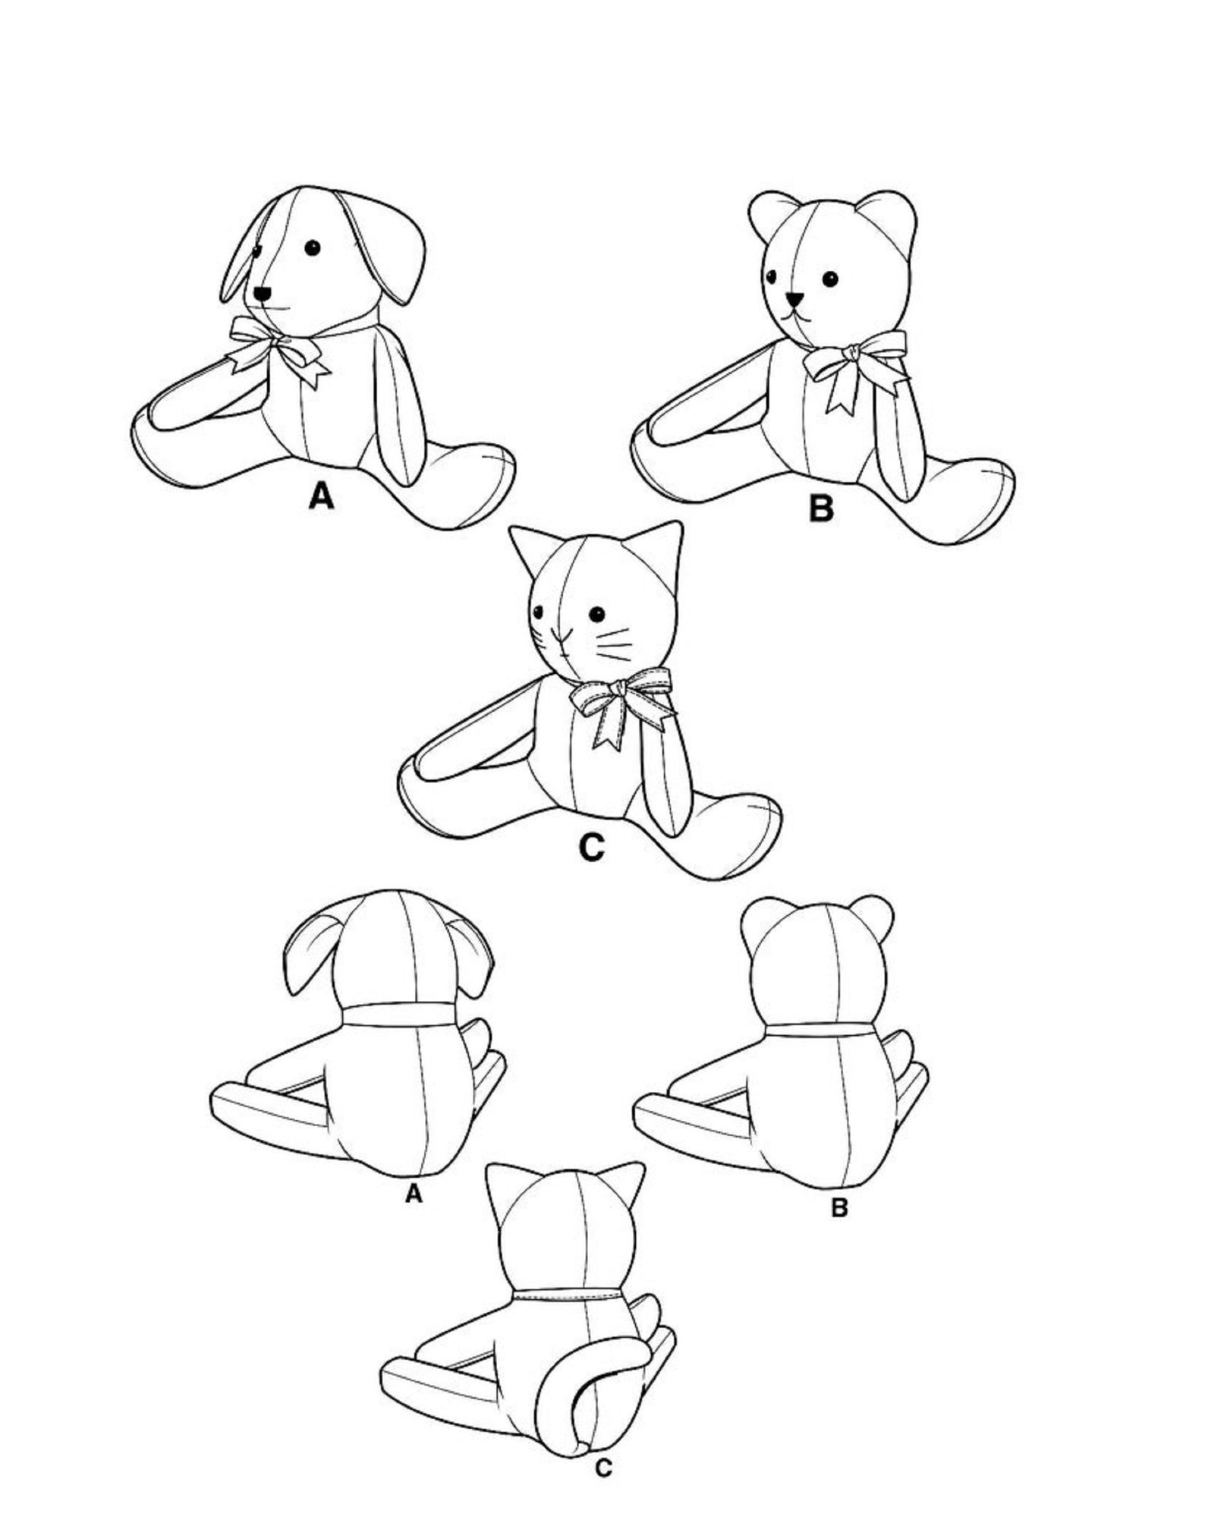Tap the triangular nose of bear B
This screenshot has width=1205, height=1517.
[x=794, y=299]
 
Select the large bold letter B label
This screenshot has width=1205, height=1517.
[x=821, y=508]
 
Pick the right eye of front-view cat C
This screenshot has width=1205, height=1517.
[x=598, y=613]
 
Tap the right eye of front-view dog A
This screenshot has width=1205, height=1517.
[x=312, y=247]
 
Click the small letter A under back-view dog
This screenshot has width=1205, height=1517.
[x=413, y=1195]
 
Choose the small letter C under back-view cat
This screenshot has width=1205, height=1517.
[x=602, y=1469]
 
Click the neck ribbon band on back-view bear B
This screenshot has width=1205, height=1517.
[x=820, y=1029]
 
